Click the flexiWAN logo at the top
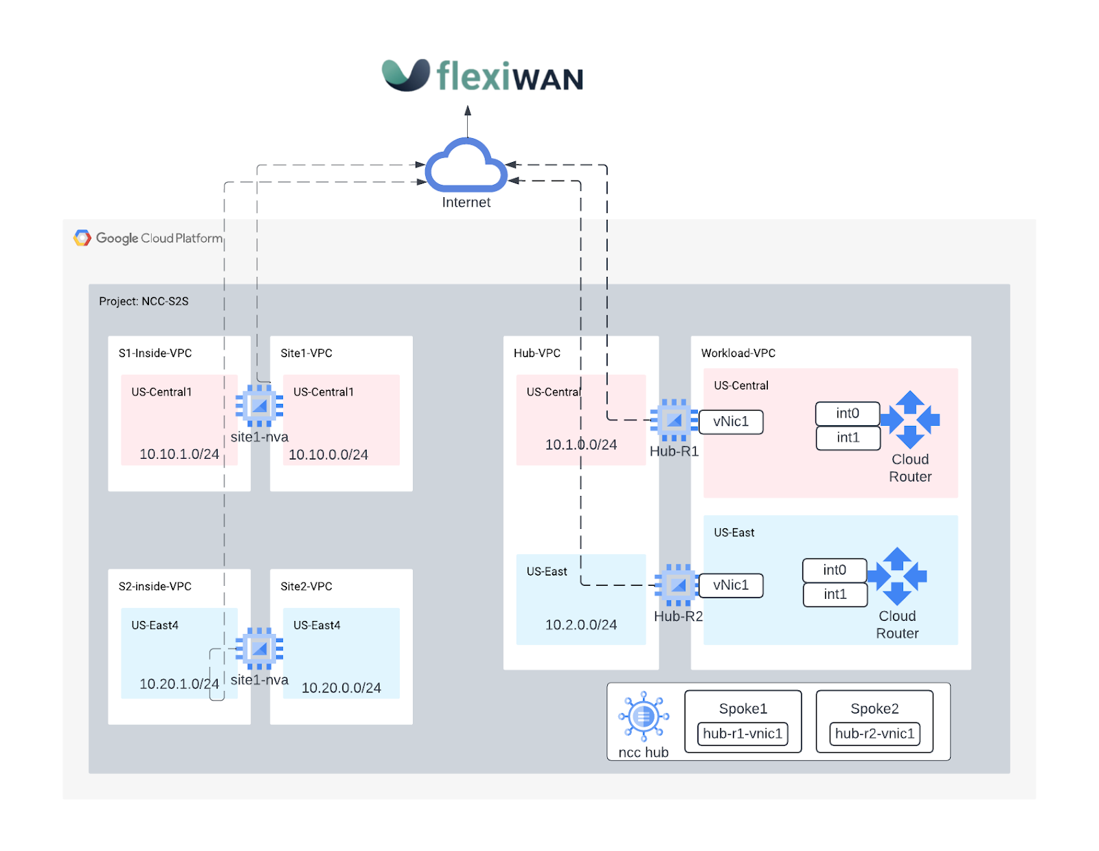point(482,76)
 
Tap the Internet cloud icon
point(466,166)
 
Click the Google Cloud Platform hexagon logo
point(82,238)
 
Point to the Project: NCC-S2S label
point(144,302)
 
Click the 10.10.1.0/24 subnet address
point(179,454)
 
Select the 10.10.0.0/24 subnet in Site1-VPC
point(328,455)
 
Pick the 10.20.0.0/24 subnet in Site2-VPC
point(341,688)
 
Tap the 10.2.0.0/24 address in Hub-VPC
point(581,625)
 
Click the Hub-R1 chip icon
point(674,420)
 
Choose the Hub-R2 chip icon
point(678,585)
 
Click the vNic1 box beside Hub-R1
point(731,422)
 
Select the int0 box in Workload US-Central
point(848,413)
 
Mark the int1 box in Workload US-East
point(835,595)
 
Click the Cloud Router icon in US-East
point(897,576)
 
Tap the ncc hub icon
point(644,716)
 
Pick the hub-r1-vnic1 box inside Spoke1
point(743,734)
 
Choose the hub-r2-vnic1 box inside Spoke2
point(874,734)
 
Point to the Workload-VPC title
point(738,353)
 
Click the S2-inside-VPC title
point(155,587)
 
